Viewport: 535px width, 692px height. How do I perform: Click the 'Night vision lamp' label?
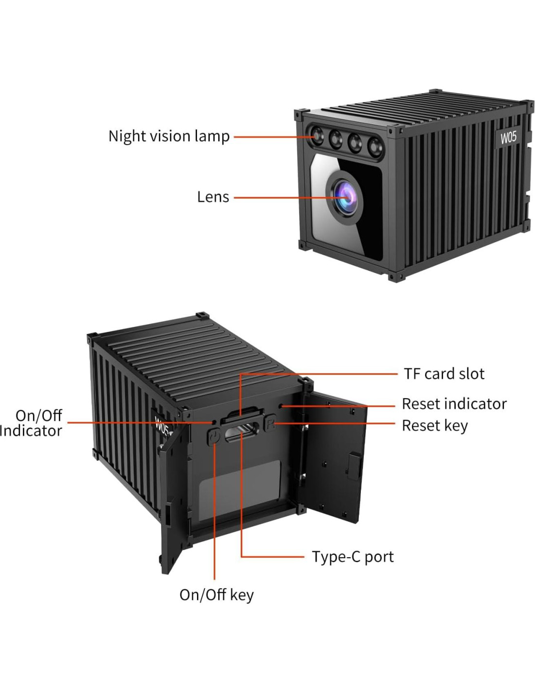click(169, 136)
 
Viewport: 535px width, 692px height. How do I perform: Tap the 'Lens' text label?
click(213, 197)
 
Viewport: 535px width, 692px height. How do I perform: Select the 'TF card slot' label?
click(444, 374)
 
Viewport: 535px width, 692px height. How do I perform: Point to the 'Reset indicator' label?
click(454, 404)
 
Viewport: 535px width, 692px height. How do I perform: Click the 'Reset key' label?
click(434, 426)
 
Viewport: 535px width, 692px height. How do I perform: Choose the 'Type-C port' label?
click(353, 557)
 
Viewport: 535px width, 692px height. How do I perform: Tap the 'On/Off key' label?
click(216, 595)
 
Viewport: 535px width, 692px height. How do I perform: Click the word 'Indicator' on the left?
click(31, 431)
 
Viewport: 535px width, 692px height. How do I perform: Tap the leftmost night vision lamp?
click(317, 135)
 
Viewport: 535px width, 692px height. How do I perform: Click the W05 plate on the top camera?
click(508, 138)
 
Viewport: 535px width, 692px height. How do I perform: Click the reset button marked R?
click(270, 423)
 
